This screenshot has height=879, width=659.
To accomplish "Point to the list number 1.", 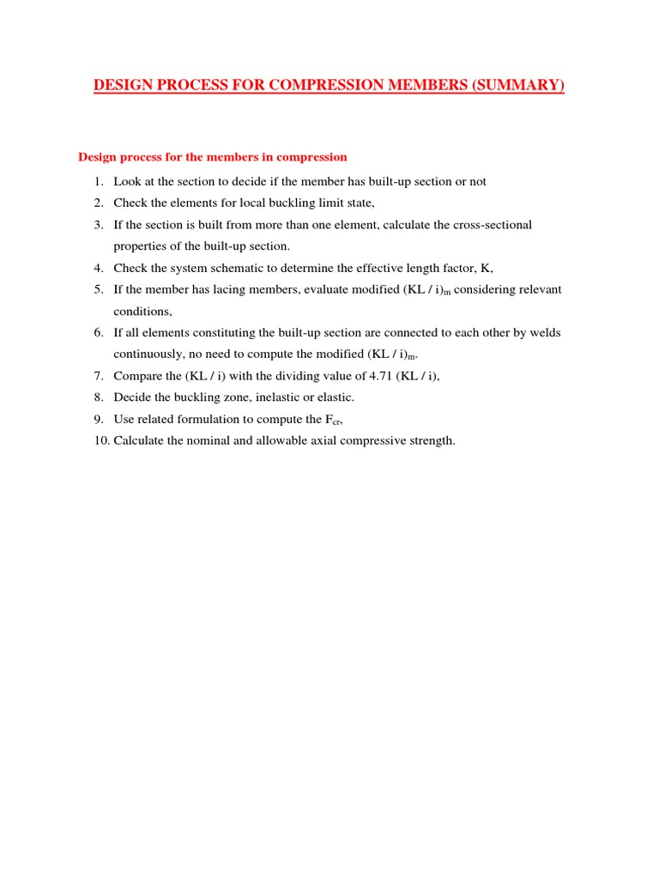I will pos(99,182).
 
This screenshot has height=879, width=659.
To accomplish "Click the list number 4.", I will pos(99,268).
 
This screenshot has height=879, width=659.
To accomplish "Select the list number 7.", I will pos(99,376).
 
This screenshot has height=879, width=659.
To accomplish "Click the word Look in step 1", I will pos(127,182).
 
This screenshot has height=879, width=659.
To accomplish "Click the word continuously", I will pos(149,354).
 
